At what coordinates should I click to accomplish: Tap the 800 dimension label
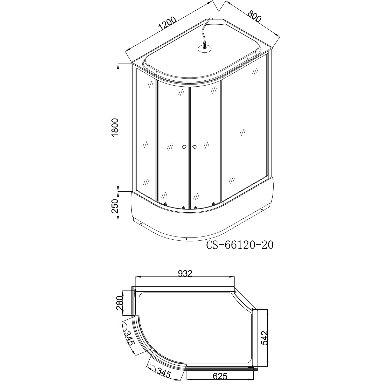coord(254,17)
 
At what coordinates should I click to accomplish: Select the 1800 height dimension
coord(115,129)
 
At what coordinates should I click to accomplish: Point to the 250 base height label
coord(115,206)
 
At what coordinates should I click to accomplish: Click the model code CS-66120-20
coord(240,245)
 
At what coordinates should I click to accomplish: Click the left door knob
coord(184,147)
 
